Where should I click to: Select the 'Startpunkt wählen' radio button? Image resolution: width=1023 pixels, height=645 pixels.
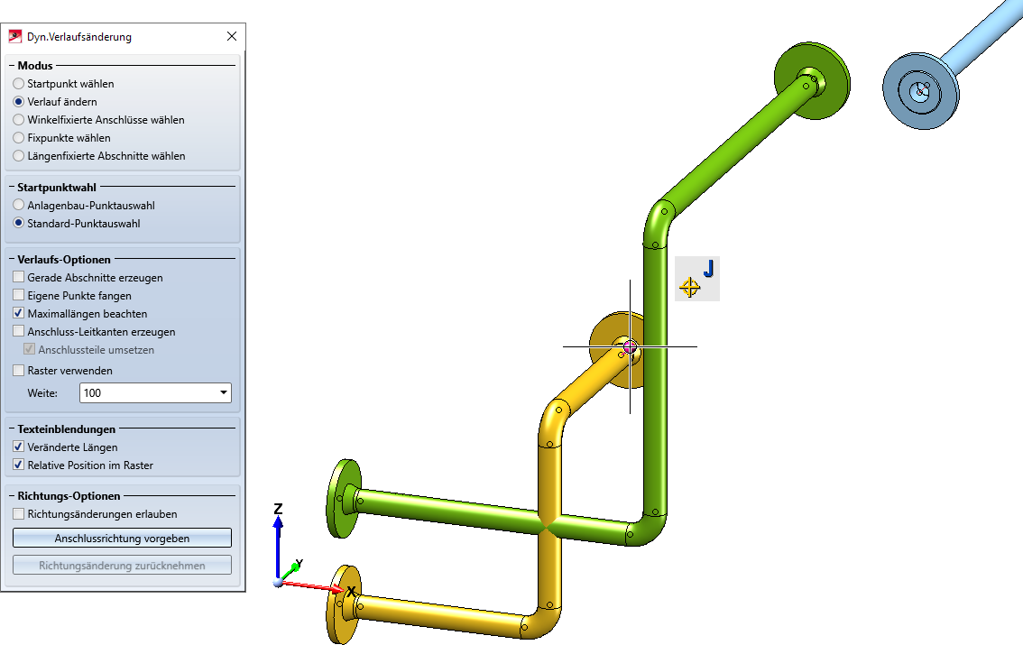18,84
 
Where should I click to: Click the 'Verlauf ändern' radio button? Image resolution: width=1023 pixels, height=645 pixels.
18,102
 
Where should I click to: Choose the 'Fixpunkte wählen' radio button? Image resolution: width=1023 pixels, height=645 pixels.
18,138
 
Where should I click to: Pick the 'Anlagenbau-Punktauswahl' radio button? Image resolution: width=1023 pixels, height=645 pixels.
18,205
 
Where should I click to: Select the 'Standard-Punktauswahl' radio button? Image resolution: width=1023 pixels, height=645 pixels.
18,223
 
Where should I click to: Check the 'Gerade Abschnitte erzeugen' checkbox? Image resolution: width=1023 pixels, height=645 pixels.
18,277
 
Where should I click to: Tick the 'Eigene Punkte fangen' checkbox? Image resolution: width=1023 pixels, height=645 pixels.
18,295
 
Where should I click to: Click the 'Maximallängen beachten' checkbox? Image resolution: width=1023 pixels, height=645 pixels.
18,313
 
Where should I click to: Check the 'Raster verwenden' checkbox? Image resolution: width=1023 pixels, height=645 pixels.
18,370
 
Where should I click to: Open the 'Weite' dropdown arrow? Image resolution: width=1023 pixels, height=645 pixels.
224,392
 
